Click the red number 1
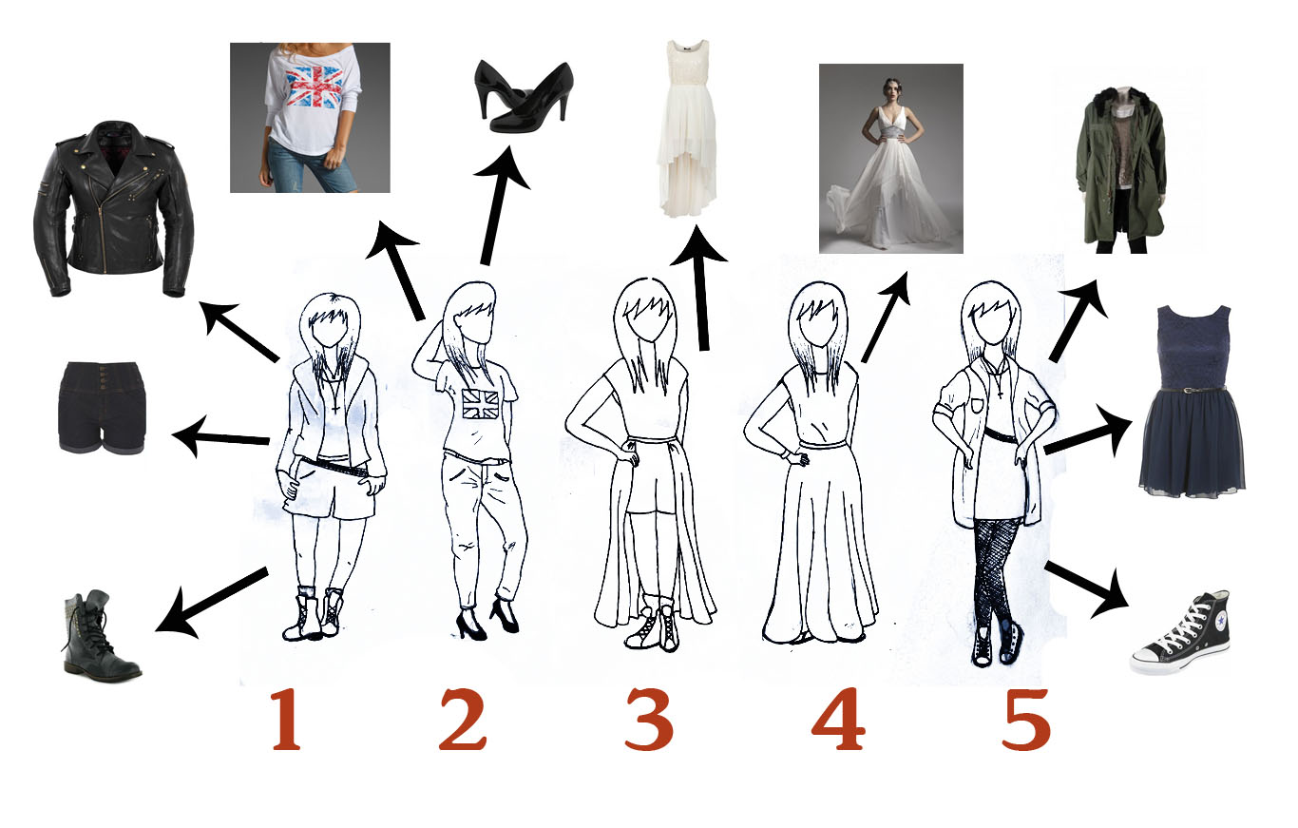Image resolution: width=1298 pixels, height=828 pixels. click(285, 721)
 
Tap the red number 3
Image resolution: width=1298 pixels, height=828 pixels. click(649, 721)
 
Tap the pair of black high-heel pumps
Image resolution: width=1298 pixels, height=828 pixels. click(523, 95)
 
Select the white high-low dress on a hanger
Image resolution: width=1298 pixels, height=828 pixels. click(688, 124)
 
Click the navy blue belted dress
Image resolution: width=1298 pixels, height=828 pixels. click(1193, 399)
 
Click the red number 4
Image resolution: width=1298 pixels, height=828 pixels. click(838, 721)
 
